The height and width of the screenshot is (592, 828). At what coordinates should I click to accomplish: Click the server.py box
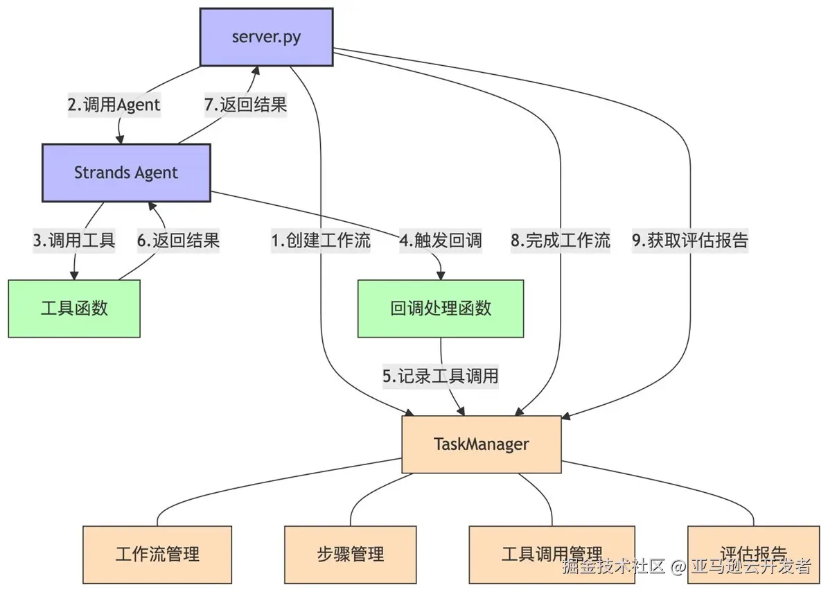[x=266, y=37]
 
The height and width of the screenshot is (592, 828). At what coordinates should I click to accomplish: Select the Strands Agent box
[x=126, y=173]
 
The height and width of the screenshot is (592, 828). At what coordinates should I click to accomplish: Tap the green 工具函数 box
[x=74, y=308]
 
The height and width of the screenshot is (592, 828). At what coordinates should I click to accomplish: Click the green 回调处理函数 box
[x=441, y=308]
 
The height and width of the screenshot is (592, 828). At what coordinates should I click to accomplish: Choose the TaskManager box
[x=482, y=444]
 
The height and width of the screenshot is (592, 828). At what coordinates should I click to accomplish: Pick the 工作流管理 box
[x=157, y=554]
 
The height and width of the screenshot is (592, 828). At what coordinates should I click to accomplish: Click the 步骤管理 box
[x=351, y=554]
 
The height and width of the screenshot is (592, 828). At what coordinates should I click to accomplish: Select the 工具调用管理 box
[x=552, y=554]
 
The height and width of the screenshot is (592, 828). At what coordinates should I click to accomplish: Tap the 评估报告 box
[x=753, y=554]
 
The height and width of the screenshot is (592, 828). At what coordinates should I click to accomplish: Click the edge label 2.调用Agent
[x=114, y=105]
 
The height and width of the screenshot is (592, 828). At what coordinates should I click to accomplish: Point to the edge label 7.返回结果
[x=245, y=105]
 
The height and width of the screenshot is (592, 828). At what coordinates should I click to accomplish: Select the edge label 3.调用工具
[x=74, y=241]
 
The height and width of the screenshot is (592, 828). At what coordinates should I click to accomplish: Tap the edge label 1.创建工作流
[x=321, y=241]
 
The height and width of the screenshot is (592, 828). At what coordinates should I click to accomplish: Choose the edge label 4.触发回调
[x=441, y=241]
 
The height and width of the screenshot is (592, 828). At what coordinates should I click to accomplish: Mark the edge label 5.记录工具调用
[x=441, y=376]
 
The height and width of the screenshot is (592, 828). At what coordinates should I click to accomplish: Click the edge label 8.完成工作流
[x=561, y=241]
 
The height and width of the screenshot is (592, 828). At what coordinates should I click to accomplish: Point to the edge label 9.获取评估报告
[x=690, y=241]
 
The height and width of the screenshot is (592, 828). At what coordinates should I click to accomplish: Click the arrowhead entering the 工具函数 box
[x=73, y=275]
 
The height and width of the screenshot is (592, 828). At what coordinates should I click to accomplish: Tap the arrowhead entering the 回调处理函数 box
[x=441, y=275]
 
